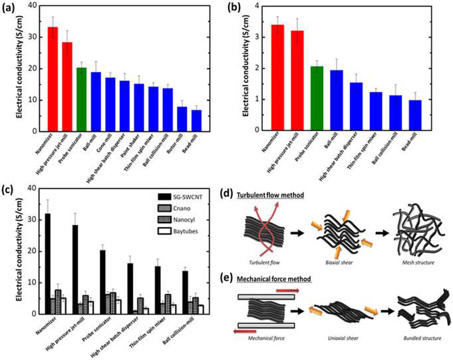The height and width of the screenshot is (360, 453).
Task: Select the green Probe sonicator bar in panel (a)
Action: coord(81,98)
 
